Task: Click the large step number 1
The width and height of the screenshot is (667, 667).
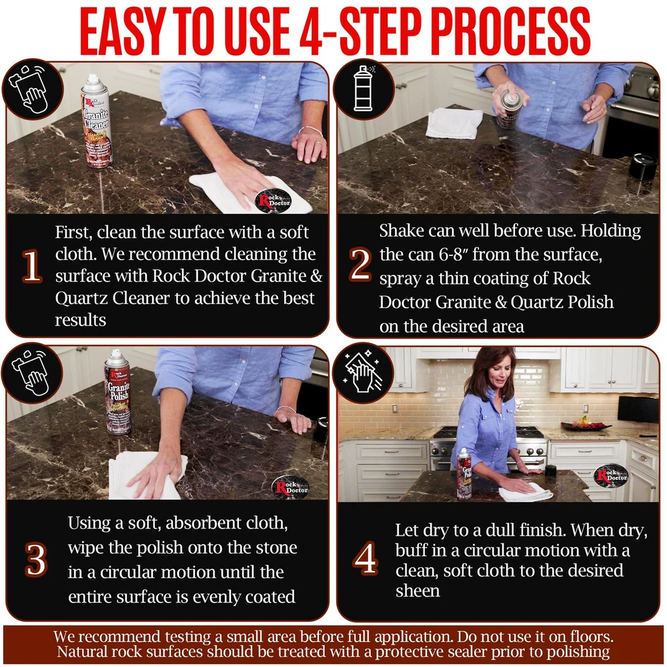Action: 32,266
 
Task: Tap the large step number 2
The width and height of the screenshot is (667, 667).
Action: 360,265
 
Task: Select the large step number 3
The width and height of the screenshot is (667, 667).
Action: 36,560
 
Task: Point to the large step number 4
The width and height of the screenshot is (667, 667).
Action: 365,558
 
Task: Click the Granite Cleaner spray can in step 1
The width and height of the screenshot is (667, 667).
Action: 96,121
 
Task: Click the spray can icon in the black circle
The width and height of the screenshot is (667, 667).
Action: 363,89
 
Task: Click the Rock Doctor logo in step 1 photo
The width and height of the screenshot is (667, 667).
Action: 273,201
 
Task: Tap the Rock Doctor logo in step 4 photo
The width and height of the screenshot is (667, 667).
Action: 611,475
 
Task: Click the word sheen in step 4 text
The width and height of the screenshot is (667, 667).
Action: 418,590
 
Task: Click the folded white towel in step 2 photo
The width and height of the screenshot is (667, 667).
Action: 454,123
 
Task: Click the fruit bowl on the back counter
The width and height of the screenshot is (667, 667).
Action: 586,424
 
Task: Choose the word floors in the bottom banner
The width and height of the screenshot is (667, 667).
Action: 590,637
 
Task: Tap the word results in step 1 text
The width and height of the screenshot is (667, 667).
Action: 81,320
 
